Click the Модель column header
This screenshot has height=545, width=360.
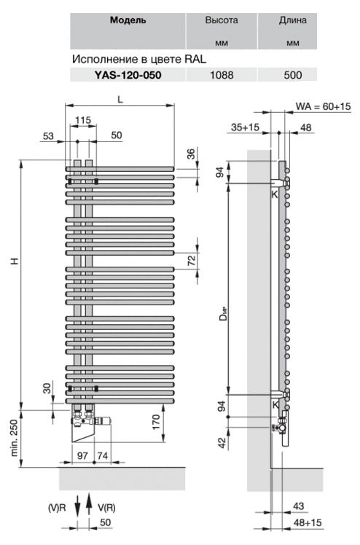click(128, 20)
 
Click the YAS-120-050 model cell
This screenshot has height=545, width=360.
click(128, 75)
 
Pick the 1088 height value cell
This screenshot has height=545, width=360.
click(222, 75)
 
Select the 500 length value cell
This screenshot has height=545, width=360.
click(292, 75)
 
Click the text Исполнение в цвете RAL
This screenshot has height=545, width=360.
click(139, 59)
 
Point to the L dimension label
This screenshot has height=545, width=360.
click(120, 99)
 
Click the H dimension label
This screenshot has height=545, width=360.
click(15, 261)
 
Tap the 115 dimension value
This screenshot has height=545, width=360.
click(83, 120)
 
